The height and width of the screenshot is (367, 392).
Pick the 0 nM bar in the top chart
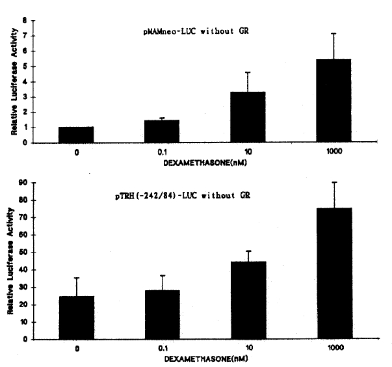tap(76, 135)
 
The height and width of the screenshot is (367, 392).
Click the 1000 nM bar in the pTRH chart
tap(333, 273)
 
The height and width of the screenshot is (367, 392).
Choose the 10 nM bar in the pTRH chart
tap(248, 300)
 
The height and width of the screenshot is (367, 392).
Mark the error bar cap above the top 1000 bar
tap(333, 33)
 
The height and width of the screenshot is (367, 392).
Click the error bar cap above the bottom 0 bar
tap(76, 278)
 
